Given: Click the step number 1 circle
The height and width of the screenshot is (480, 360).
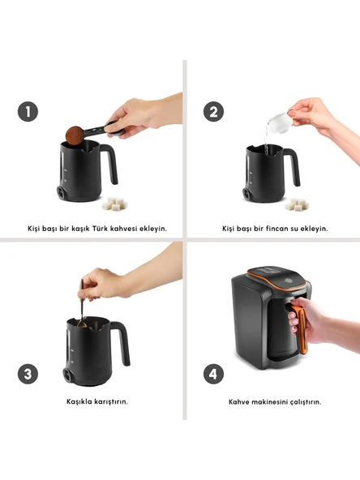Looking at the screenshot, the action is click(x=28, y=111).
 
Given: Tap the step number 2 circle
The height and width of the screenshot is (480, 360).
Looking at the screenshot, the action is click(x=214, y=111).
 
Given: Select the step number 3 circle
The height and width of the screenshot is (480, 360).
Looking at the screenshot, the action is click(x=28, y=374).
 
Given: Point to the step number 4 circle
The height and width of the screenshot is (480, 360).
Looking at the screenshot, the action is click(x=213, y=374).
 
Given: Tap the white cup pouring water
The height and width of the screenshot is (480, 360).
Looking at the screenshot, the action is click(x=279, y=122).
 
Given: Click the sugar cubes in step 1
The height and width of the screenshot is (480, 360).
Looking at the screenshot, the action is click(x=114, y=204).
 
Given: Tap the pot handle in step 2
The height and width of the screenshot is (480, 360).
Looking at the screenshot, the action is click(x=292, y=165).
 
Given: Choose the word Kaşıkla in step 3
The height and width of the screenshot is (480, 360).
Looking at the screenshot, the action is click(x=79, y=401).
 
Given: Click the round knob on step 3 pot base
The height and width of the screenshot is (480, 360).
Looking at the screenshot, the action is click(x=68, y=374).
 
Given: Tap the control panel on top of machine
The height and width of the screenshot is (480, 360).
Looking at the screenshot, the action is click(x=274, y=276).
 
